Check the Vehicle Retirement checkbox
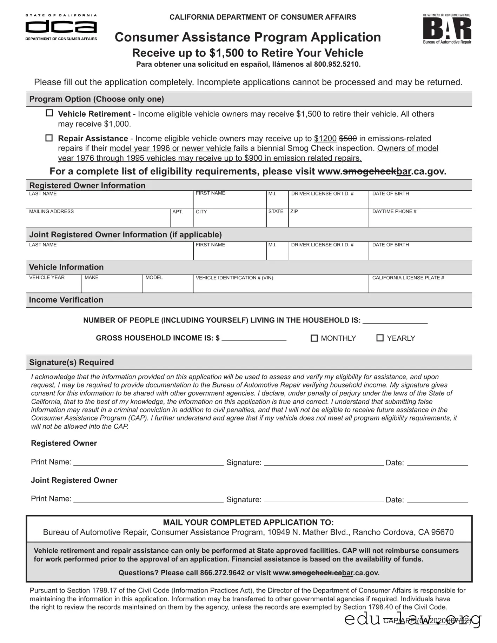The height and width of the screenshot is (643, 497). pyautogui.click(x=49, y=113)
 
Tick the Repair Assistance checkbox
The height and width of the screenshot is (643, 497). pyautogui.click(x=49, y=138)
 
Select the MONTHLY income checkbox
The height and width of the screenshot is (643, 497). pyautogui.click(x=314, y=338)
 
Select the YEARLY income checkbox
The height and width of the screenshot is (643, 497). pyautogui.click(x=380, y=338)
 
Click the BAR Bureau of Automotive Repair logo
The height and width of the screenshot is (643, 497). pyautogui.click(x=447, y=29)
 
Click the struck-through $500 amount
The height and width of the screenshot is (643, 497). pyautogui.click(x=348, y=139)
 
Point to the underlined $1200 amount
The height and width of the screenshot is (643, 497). pyautogui.click(x=325, y=139)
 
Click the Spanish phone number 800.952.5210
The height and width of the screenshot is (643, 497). pyautogui.click(x=337, y=64)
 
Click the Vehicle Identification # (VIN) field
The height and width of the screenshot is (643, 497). pyautogui.click(x=280, y=286)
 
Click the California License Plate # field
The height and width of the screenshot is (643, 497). pyautogui.click(x=420, y=286)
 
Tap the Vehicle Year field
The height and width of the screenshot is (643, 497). pyautogui.click(x=53, y=286)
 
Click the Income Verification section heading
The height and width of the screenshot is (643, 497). pyautogui.click(x=66, y=300)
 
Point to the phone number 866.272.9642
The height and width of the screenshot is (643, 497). pyautogui.click(x=222, y=573)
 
